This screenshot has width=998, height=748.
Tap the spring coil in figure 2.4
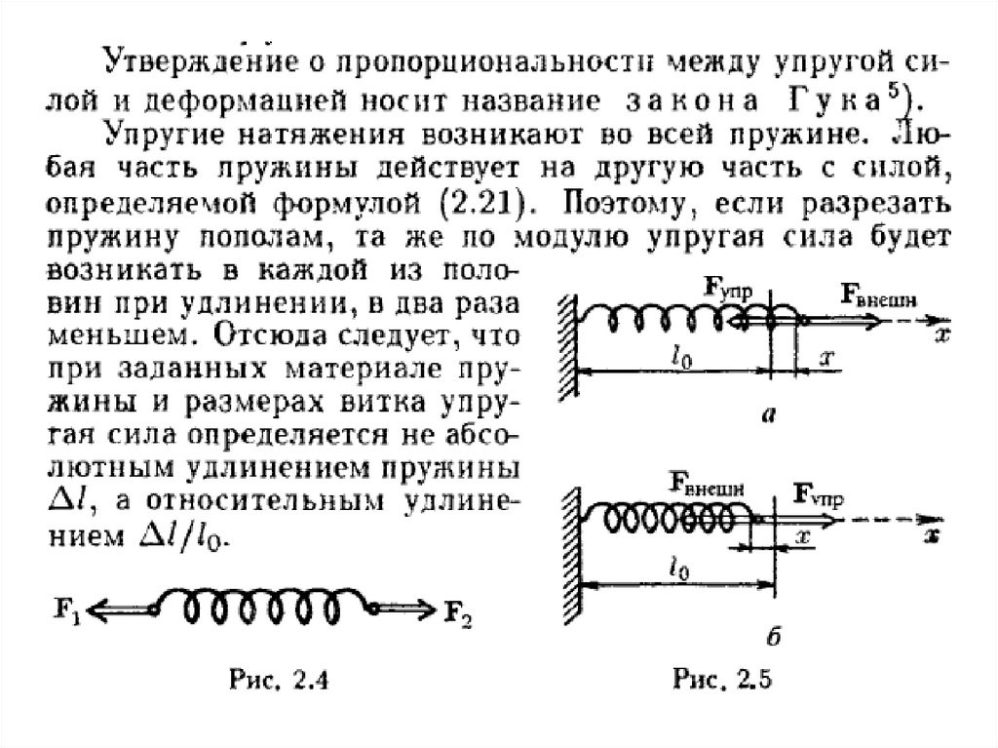(x=265, y=610)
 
